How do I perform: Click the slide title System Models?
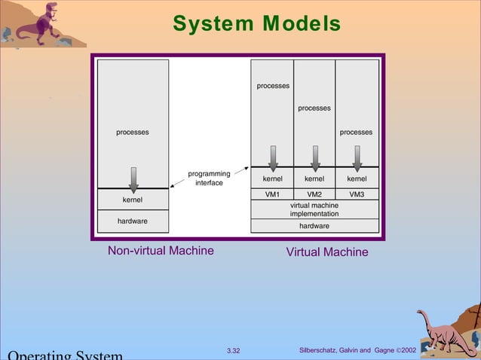256,24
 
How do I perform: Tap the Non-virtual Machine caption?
161,251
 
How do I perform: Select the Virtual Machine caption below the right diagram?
327,252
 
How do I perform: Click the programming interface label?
209,178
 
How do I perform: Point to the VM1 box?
272,194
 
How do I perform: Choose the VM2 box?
314,194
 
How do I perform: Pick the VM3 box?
357,194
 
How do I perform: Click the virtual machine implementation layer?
314,209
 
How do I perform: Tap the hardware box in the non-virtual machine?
133,221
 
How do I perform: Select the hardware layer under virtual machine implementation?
314,225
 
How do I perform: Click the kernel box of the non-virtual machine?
133,200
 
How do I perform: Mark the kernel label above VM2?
314,179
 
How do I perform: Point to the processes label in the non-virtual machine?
132,133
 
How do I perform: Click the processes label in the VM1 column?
273,86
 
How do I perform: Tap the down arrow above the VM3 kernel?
357,157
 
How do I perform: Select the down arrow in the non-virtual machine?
133,178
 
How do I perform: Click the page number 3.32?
233,351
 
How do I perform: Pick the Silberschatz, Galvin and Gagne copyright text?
357,351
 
